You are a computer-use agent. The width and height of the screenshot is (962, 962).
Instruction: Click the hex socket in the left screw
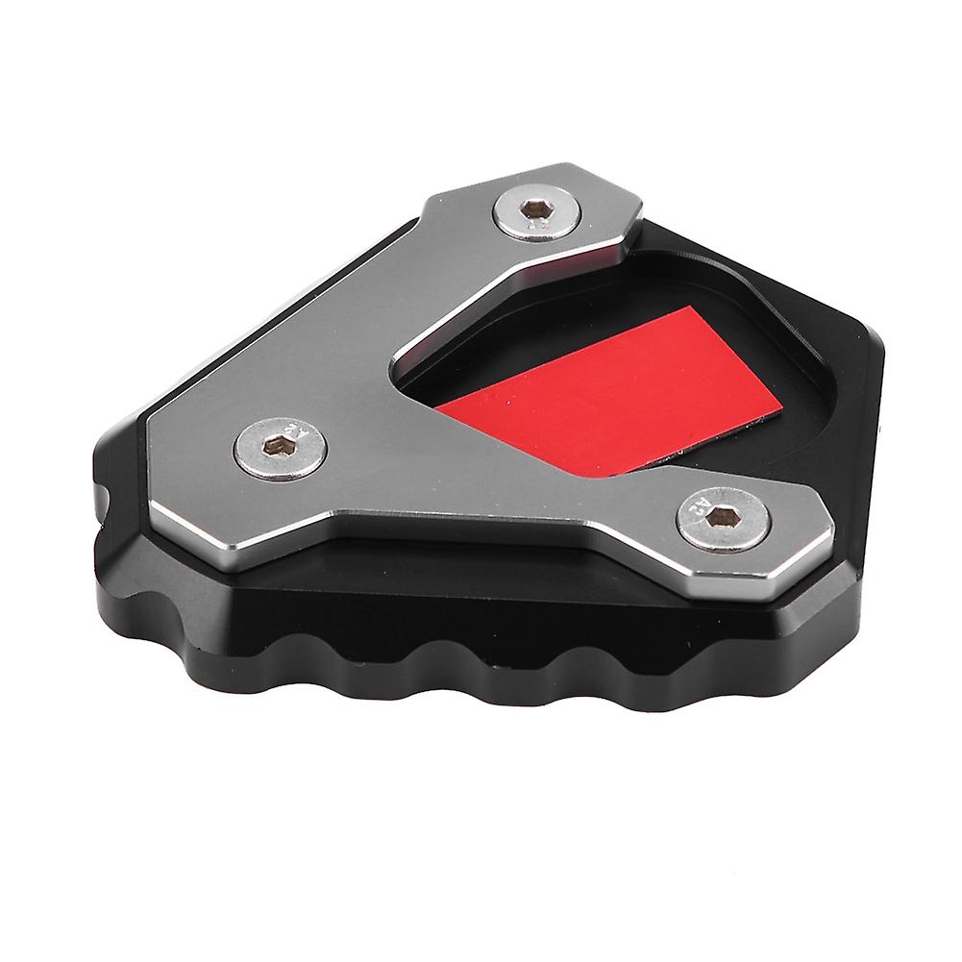pos(280,446)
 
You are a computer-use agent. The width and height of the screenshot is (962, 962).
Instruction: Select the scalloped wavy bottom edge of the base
pos(432,663)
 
